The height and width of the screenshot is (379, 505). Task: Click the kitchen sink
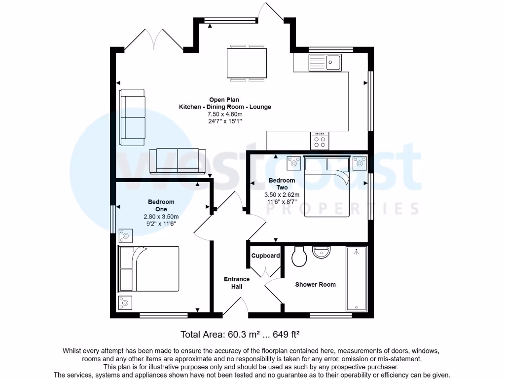click(325, 62)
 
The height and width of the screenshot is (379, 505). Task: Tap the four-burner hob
click(320, 141)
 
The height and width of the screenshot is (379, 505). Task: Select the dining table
click(247, 63)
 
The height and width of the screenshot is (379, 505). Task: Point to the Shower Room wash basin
click(322, 253)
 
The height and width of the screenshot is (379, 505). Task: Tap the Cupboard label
click(265, 256)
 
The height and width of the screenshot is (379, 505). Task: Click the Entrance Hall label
click(237, 283)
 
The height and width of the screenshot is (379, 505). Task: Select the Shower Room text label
click(315, 284)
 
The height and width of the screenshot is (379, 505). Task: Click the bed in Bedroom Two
click(326, 187)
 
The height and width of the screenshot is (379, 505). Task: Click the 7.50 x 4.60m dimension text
click(224, 114)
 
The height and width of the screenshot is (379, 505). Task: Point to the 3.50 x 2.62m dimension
click(282, 194)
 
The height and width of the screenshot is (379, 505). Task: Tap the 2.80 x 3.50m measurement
click(161, 216)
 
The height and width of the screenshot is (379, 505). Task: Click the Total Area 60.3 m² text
click(241, 334)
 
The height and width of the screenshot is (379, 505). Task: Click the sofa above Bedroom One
click(178, 160)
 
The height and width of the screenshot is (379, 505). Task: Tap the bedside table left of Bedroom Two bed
click(294, 162)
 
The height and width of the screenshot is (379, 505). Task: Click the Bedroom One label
click(161, 205)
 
